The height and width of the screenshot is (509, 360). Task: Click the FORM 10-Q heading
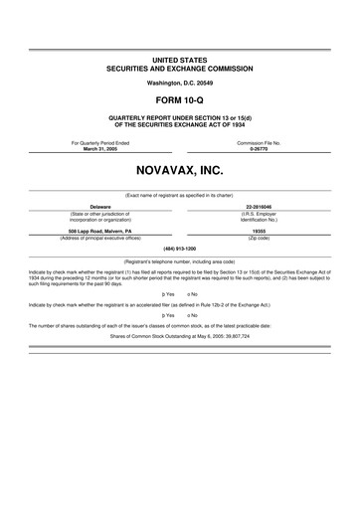click(x=180, y=100)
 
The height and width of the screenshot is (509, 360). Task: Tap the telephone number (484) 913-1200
click(x=180, y=249)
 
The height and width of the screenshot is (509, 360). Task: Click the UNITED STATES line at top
click(x=180, y=60)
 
